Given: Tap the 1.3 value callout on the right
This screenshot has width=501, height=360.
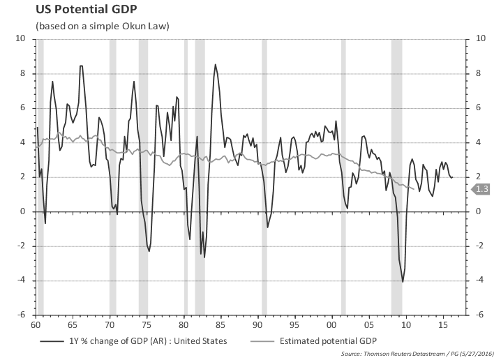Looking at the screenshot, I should (482, 189).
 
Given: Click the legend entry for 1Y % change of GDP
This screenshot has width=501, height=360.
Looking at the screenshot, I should (133, 341).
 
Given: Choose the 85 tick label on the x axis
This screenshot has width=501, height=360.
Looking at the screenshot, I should (221, 324).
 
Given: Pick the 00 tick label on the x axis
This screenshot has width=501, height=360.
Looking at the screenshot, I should (331, 324).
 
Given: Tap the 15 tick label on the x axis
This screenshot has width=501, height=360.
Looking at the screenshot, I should (442, 324).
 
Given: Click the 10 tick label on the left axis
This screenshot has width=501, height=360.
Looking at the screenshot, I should (20, 39).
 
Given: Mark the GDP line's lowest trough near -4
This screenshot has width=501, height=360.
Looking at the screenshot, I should (403, 282).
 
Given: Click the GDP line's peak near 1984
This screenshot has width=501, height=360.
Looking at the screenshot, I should (215, 65).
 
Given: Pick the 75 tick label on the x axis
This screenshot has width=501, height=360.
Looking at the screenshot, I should (147, 324).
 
